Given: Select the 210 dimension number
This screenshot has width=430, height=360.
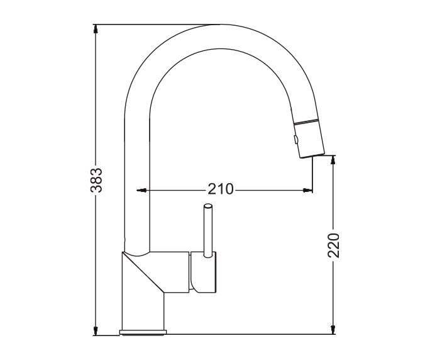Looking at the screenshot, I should click(221, 189).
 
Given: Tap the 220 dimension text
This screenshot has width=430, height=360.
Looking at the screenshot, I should click(334, 245).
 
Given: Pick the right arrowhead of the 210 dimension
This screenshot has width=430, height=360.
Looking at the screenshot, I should click(308, 189).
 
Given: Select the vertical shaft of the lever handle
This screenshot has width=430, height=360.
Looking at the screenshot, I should click(208, 233).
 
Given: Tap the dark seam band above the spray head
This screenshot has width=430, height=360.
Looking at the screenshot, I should click(307, 121).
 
